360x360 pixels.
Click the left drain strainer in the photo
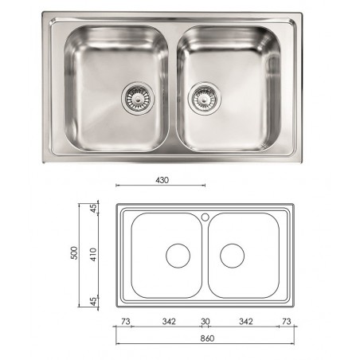(x=131, y=97)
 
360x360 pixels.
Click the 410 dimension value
(x=93, y=256)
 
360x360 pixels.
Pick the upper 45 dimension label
(x=93, y=209)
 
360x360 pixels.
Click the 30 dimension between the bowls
(x=205, y=321)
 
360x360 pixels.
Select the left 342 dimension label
(x=169, y=321)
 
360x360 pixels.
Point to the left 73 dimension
(x=124, y=321)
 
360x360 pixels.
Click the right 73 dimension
(x=286, y=321)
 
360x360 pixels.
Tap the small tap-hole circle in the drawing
(x=205, y=215)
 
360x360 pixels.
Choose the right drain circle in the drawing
(x=232, y=256)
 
